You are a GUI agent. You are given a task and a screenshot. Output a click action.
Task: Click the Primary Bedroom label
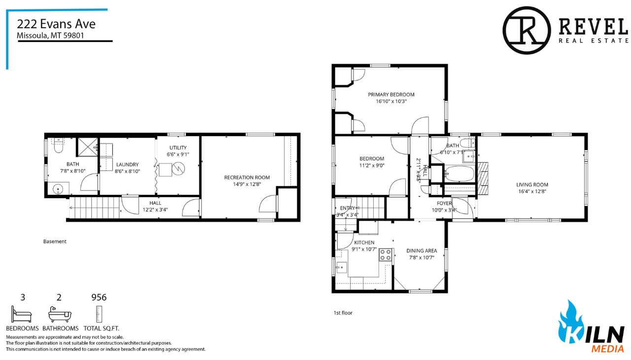(x=391, y=95)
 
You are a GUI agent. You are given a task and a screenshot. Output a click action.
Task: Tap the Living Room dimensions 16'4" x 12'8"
(x=532, y=191)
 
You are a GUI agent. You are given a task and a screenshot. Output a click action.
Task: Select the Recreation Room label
(x=247, y=178)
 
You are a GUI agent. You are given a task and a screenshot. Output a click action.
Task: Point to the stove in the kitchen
(x=386, y=254)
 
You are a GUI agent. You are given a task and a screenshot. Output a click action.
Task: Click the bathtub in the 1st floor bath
(x=459, y=174)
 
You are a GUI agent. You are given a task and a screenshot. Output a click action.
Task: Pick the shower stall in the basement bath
(x=88, y=147)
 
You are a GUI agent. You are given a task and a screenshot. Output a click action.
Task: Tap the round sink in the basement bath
(x=58, y=188)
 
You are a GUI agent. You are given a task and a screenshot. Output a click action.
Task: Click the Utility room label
(x=178, y=147)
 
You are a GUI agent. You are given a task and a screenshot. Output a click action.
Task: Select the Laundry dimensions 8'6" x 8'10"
(x=127, y=171)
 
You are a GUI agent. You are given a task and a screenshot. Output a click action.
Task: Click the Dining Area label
(x=421, y=251)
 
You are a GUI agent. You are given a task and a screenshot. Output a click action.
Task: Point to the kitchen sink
(x=342, y=267)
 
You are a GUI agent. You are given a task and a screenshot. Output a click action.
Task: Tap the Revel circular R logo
(x=526, y=30)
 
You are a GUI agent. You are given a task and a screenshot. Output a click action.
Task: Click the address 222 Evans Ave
(x=56, y=24)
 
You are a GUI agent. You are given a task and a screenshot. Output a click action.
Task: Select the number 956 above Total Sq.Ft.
(x=99, y=297)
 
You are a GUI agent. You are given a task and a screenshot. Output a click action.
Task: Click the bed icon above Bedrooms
(x=21, y=314)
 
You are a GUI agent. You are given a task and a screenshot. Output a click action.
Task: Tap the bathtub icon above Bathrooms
(x=60, y=314)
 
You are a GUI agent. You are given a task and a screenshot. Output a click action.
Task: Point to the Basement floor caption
(x=55, y=242)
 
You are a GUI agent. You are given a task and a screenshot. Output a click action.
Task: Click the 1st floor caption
(x=343, y=313)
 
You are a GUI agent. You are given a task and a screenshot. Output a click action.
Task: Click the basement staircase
(x=94, y=208)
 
